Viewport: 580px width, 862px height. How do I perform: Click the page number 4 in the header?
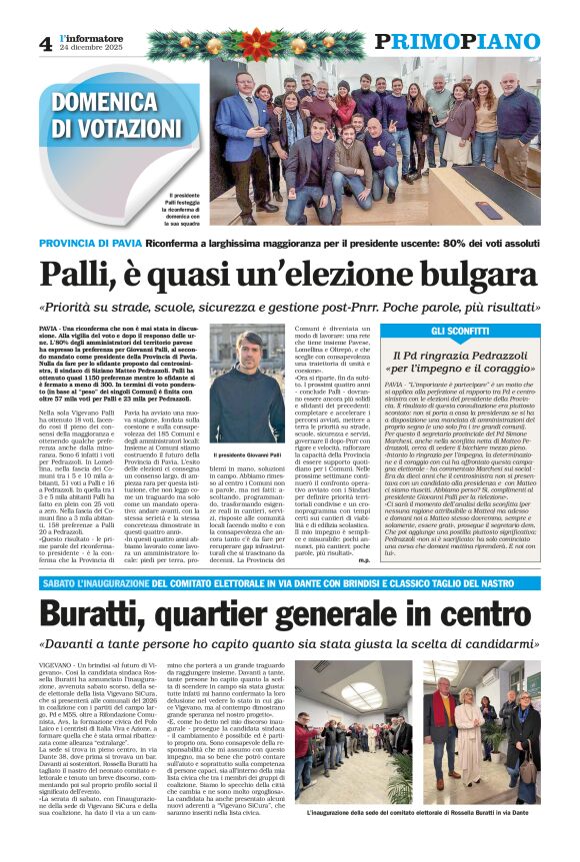coord(45,43)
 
